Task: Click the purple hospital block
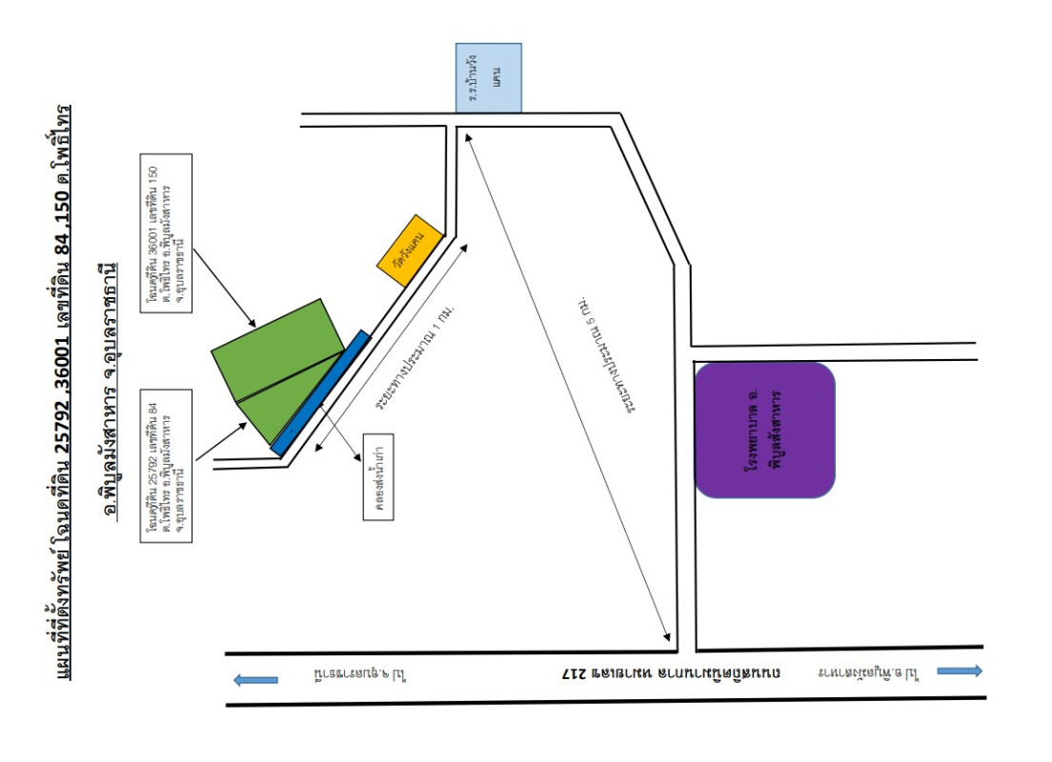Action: point(765,430)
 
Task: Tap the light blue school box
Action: point(488,77)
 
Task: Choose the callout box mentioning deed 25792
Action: point(166,466)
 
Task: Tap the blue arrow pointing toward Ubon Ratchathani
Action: point(256,679)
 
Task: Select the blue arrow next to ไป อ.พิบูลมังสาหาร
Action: point(961,671)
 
